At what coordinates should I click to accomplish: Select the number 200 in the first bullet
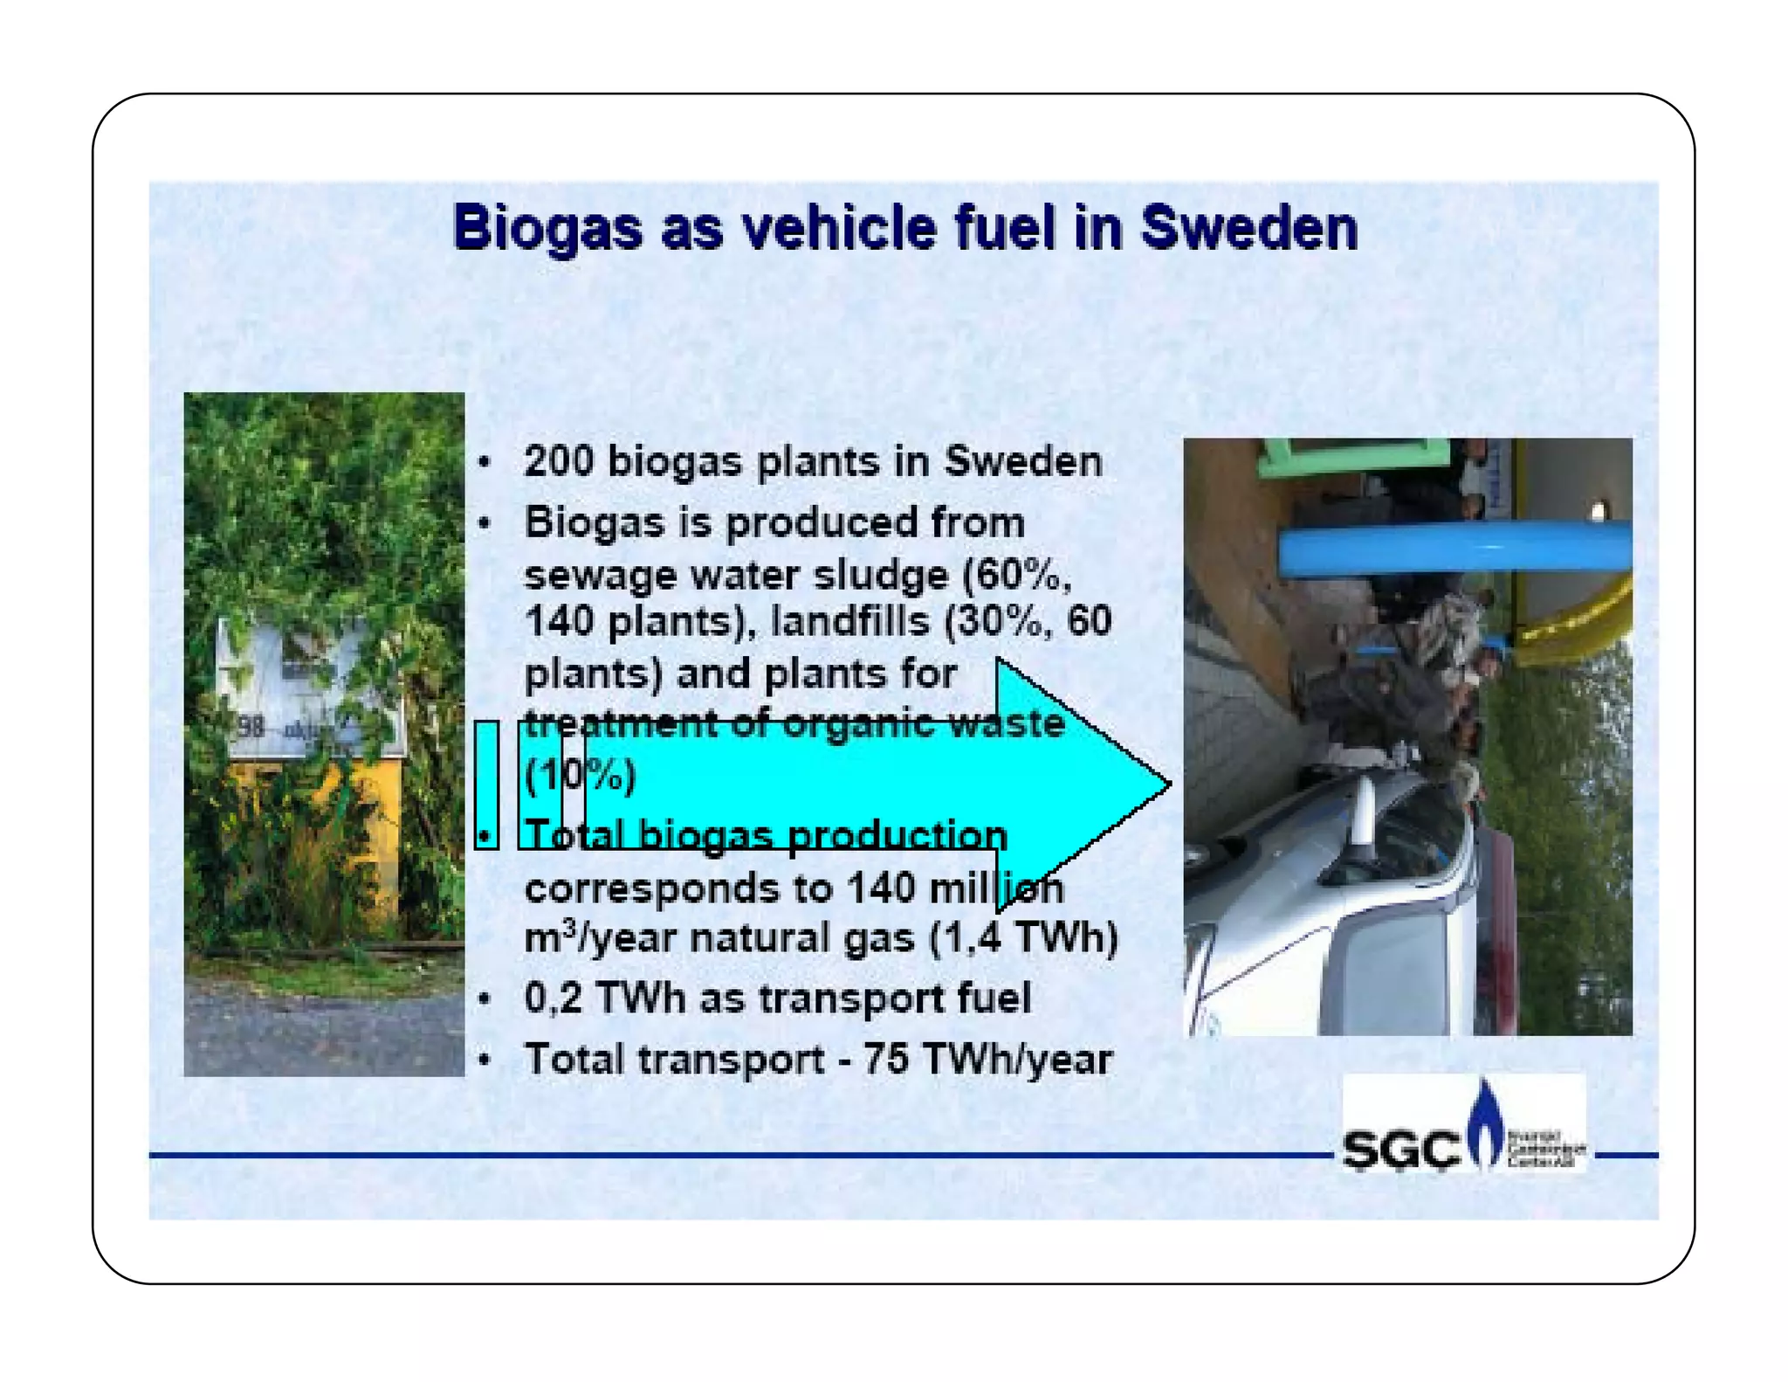point(559,461)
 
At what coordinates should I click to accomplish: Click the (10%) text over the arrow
point(580,775)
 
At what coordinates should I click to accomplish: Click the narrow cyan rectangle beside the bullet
point(486,784)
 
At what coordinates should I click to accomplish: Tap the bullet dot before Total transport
point(485,1060)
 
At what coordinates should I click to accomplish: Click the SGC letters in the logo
point(1400,1149)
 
